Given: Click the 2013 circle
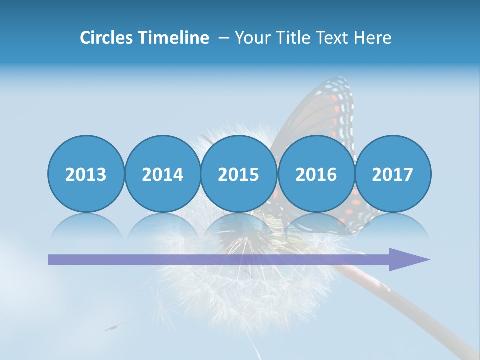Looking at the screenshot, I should tap(86, 174).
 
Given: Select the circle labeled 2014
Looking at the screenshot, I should tap(162, 174).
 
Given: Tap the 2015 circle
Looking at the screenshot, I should tap(239, 174).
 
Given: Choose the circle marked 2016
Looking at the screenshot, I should tap(316, 174).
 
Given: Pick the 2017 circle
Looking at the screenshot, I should tap(392, 174).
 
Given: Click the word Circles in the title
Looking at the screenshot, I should tap(107, 38).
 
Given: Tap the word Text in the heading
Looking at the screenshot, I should tap(332, 38).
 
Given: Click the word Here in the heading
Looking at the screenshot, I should tap(372, 38).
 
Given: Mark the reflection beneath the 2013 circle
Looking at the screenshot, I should tap(86, 225).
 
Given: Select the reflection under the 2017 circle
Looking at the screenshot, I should tap(392, 225).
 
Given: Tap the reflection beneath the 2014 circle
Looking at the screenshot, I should tap(162, 225).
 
